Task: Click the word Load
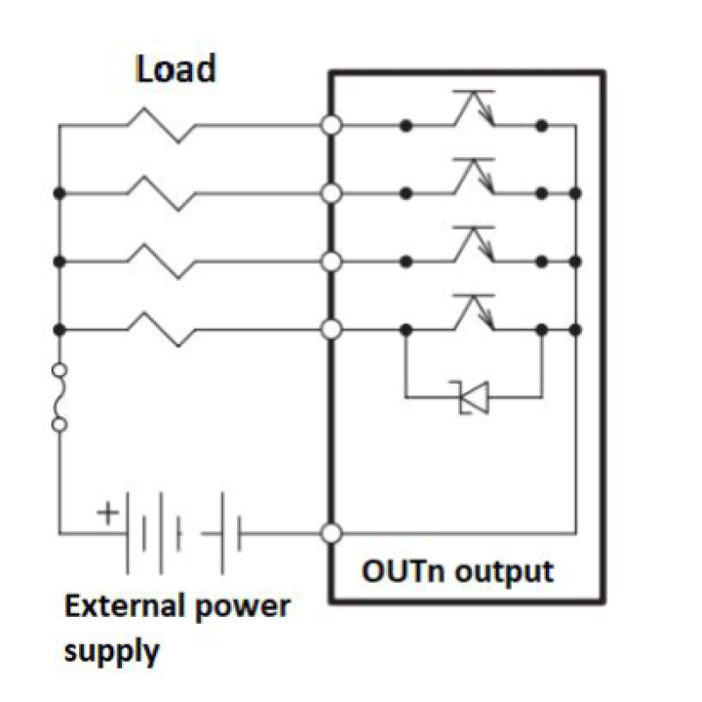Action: (x=176, y=68)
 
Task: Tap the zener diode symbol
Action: (x=473, y=398)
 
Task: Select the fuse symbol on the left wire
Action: (x=60, y=398)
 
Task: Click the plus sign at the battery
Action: (x=108, y=512)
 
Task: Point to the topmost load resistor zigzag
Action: (x=161, y=125)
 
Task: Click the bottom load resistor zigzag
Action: (x=161, y=330)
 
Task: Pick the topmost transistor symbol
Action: (x=474, y=108)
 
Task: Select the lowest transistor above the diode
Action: (x=474, y=312)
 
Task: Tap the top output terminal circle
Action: (x=332, y=125)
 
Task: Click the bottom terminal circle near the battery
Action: (x=332, y=534)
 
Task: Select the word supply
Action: (x=111, y=652)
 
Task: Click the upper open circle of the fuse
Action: (x=60, y=370)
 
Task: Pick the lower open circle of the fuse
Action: (x=60, y=424)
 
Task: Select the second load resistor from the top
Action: (x=161, y=193)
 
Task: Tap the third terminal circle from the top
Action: (x=332, y=261)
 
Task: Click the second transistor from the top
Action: (x=474, y=176)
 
